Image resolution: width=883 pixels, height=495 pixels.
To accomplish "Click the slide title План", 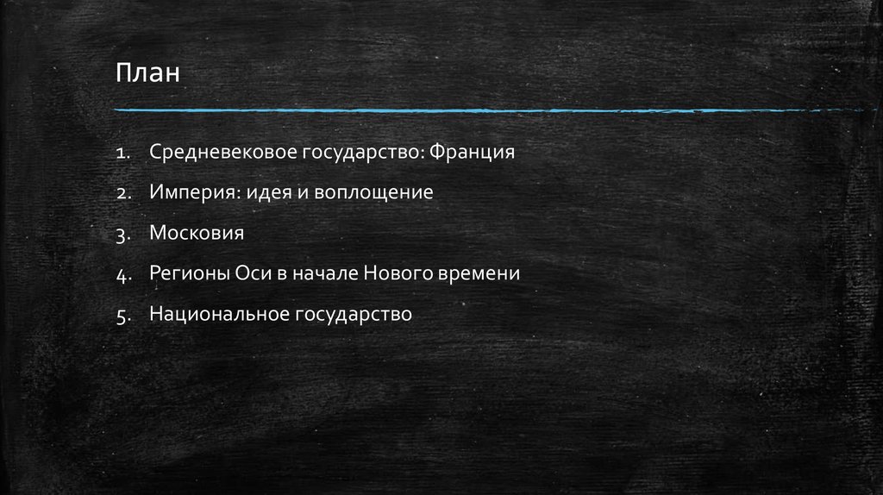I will (x=149, y=72).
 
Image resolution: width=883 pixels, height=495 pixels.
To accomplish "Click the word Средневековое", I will (x=223, y=153).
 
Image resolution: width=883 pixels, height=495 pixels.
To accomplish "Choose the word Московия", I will (x=197, y=233).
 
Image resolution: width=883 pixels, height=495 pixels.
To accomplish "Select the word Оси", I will (x=251, y=273).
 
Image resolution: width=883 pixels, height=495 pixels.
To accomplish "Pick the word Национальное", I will (x=218, y=314).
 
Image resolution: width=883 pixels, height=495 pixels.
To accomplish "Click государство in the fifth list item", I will (x=354, y=314).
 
